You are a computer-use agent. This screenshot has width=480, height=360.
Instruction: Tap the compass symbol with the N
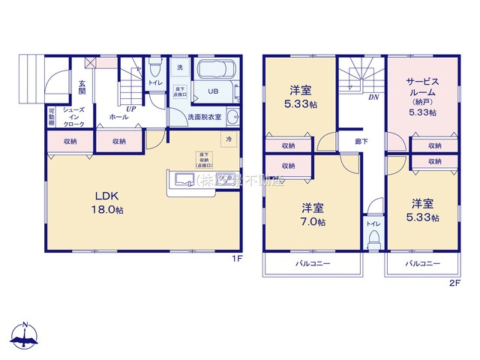click(25, 336)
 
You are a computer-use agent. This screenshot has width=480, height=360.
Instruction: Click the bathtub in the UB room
click(217, 73)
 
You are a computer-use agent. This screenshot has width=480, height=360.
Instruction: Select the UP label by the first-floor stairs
click(130, 109)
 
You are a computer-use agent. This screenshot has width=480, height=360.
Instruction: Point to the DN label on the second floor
click(372, 97)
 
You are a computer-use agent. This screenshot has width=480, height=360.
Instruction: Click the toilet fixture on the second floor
click(373, 238)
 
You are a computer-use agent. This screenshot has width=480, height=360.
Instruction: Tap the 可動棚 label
click(50, 118)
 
